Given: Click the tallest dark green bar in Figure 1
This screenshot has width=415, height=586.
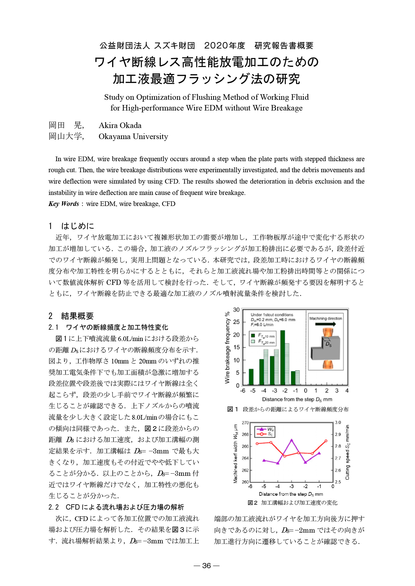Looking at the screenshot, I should pyautogui.click(x=283, y=358).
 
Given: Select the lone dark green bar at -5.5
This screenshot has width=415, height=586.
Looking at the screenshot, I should pyautogui.click(x=251, y=377).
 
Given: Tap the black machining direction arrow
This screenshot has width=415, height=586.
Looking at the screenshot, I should pyautogui.click(x=325, y=324).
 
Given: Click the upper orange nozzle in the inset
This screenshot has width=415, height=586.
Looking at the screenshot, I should pyautogui.click(x=328, y=332).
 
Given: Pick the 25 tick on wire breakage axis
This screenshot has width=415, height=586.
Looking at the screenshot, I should pyautogui.click(x=236, y=322).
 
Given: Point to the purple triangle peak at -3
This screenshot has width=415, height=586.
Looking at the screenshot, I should pyautogui.click(x=291, y=440).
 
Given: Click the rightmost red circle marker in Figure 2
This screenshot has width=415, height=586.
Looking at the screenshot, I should pyautogui.click(x=326, y=441).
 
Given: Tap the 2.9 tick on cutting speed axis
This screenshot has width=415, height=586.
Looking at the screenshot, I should pyautogui.click(x=338, y=434).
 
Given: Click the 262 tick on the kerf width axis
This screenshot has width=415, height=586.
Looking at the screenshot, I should pyautogui.click(x=245, y=470).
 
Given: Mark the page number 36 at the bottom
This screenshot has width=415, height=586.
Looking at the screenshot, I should pyautogui.click(x=207, y=565).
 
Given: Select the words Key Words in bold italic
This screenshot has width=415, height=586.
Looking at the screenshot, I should pyautogui.click(x=64, y=204).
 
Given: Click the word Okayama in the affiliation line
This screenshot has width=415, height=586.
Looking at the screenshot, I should pyautogui.click(x=114, y=137).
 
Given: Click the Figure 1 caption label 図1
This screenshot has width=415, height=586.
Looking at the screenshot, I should pyautogui.click(x=232, y=409).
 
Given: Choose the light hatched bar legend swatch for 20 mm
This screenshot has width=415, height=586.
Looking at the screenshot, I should pyautogui.click(x=253, y=342).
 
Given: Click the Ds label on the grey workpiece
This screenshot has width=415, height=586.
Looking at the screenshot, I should pyautogui.click(x=328, y=345).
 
